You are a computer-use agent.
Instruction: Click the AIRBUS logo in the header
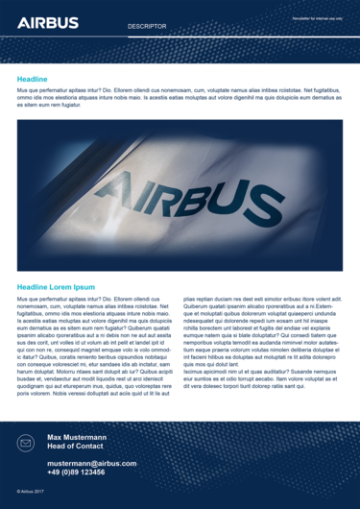(48, 22)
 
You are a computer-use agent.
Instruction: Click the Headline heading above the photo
(33, 78)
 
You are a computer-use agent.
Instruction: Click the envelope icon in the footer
(26, 443)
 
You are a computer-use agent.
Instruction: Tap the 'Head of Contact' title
(75, 447)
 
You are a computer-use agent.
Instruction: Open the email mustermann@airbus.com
(92, 463)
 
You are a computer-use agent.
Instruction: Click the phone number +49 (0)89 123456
(76, 472)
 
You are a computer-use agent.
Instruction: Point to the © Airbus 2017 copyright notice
(32, 491)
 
